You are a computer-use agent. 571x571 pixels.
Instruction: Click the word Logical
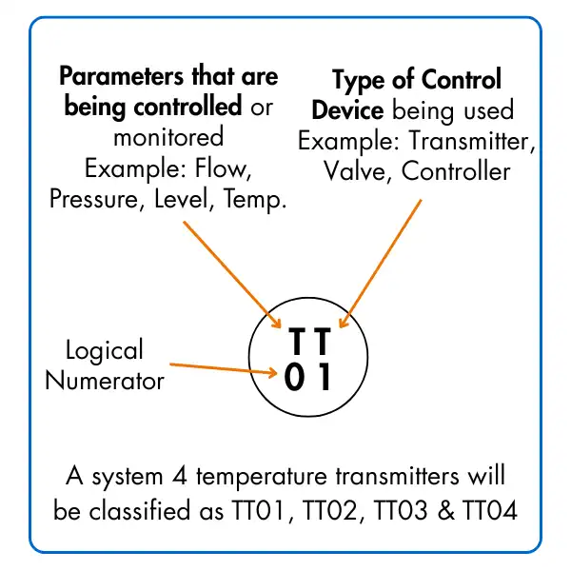coord(105,350)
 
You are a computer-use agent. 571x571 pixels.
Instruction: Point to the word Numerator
coord(105,382)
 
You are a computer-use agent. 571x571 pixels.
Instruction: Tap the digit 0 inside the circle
coord(294,379)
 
